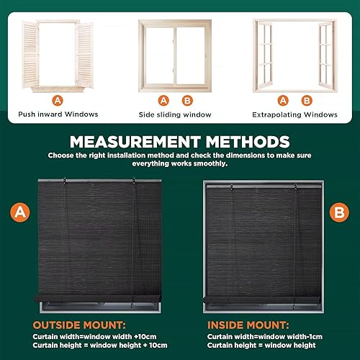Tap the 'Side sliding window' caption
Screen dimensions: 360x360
point(176,114)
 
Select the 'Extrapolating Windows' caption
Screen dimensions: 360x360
point(294,114)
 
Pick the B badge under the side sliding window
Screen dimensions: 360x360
point(187,100)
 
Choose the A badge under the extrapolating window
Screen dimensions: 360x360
point(283,100)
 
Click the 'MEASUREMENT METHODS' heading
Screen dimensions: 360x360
point(180,141)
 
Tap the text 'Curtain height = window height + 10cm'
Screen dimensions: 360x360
point(93,347)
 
